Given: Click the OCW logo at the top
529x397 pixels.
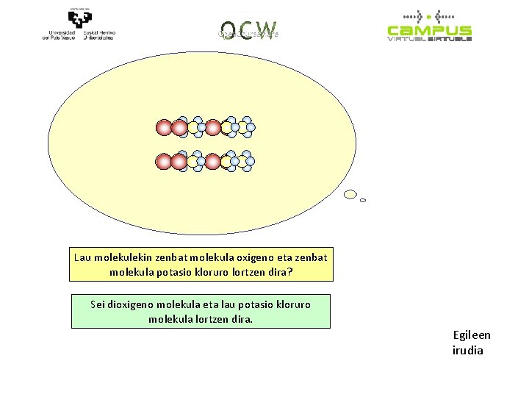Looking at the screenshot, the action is click(248, 29).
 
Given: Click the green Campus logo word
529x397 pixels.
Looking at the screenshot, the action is click(429, 31).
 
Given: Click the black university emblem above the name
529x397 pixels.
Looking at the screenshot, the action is click(79, 16).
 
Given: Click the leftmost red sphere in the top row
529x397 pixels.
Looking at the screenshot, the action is click(164, 128).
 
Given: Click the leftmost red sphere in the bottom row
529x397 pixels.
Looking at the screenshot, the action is click(164, 161).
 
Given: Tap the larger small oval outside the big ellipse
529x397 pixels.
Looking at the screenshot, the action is click(350, 195).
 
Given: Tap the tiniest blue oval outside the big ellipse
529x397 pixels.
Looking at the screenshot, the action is click(363, 200).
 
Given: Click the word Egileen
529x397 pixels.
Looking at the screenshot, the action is click(472, 335).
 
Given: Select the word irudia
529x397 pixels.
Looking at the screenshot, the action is click(468, 350).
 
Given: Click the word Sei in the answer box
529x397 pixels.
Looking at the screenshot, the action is click(98, 304).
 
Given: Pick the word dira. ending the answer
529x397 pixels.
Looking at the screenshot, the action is click(240, 318).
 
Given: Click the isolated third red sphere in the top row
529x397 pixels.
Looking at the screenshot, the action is click(212, 128).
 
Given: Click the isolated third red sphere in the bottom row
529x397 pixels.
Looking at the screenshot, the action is click(212, 161).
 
